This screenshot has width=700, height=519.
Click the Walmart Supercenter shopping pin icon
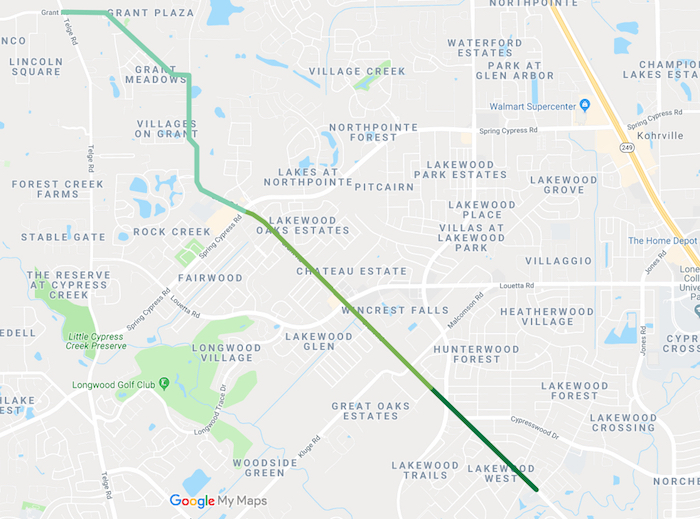585,106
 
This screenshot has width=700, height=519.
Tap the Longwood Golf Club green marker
164,384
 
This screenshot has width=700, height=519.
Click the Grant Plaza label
150,13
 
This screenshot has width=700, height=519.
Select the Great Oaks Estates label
365,410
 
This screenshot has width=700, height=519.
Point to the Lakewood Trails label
425,470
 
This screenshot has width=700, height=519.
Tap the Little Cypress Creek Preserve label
97,341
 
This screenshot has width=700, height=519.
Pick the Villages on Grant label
167,128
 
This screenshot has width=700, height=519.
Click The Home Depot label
662,240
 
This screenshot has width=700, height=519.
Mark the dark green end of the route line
536,489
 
